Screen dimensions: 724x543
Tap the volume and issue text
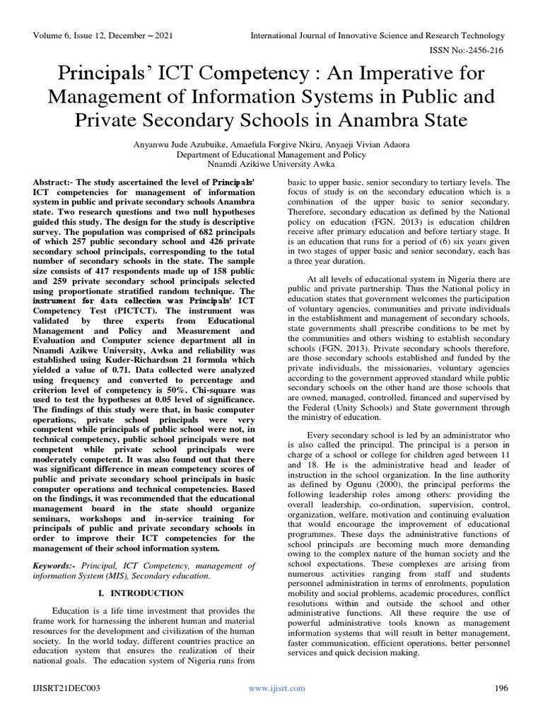point(103,36)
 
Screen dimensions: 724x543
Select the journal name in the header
point(378,36)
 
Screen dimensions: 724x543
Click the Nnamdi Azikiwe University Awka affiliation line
point(271,163)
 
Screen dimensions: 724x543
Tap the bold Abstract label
point(55,182)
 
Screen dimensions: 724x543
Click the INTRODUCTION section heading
point(144,592)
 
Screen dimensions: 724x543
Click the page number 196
point(500,688)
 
